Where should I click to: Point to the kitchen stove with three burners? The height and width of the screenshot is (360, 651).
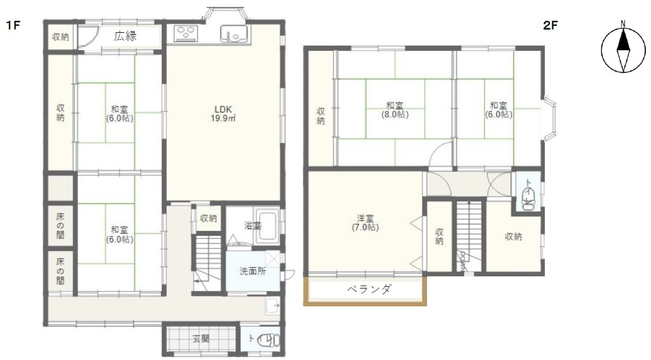click(x=187, y=34)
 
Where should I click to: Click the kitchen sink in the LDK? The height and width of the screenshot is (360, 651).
click(x=233, y=34)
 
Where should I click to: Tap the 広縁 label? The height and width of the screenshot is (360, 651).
click(x=125, y=36)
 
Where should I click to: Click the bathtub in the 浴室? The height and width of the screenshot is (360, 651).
click(x=267, y=227)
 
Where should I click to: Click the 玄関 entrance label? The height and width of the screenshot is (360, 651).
click(x=201, y=339)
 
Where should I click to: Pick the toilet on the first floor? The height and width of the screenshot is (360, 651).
click(x=267, y=340)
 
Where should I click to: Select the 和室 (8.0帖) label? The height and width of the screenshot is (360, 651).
click(x=395, y=110)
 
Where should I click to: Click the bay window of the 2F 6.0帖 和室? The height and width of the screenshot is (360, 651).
click(x=549, y=120)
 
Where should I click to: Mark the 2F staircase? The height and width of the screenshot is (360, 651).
click(x=468, y=234)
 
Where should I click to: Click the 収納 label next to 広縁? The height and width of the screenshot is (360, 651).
click(x=61, y=37)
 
